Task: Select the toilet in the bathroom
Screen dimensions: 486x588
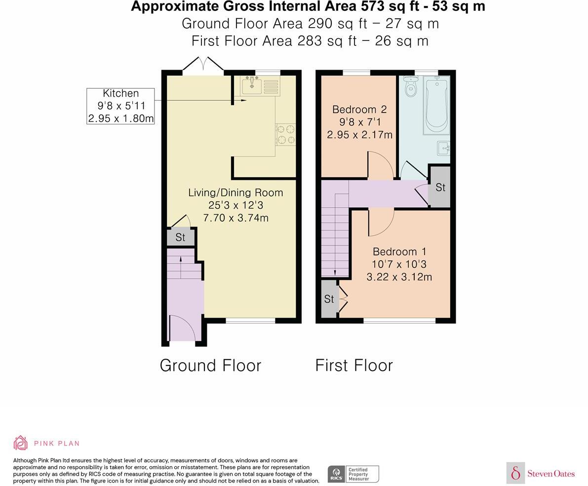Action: click(x=410, y=86)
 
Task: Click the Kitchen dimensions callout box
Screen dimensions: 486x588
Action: click(x=120, y=106)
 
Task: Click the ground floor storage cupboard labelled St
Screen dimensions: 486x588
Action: click(x=180, y=237)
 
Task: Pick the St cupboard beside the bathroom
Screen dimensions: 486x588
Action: click(x=440, y=187)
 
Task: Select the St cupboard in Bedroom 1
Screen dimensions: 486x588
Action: click(x=329, y=299)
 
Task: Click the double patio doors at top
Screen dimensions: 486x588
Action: click(x=203, y=65)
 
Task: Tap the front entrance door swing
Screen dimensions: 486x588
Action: click(x=182, y=328)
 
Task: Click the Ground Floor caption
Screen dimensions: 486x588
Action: click(x=210, y=366)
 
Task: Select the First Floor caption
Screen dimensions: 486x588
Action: click(x=354, y=366)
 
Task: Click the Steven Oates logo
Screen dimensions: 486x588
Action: click(x=541, y=473)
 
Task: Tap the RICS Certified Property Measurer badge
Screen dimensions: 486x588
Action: click(x=353, y=474)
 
